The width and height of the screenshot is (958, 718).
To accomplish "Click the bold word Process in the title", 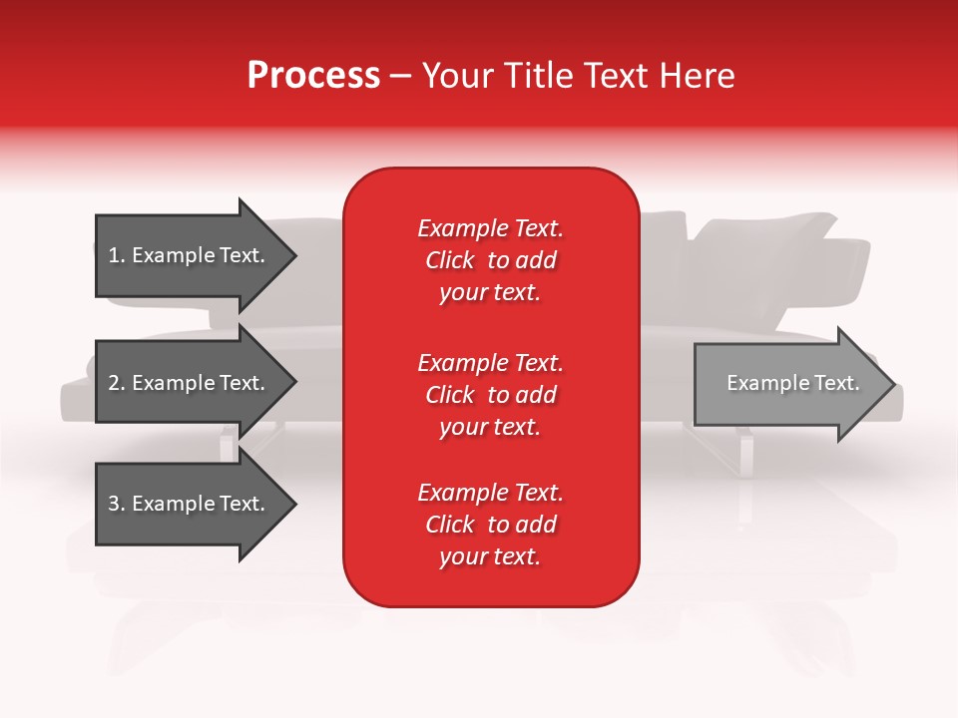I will tap(313, 76).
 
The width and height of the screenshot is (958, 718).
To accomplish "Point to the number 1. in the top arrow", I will tap(117, 255).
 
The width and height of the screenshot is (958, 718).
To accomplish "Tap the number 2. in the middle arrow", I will tap(117, 383).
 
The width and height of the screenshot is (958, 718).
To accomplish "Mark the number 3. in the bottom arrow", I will tap(117, 504).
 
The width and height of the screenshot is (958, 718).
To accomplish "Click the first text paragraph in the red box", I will tap(490, 260).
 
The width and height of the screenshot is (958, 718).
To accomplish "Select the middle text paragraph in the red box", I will tap(490, 395).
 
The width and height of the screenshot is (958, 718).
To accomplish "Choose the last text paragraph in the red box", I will tap(490, 525).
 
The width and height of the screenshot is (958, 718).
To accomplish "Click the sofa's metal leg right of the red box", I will tap(744, 454).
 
